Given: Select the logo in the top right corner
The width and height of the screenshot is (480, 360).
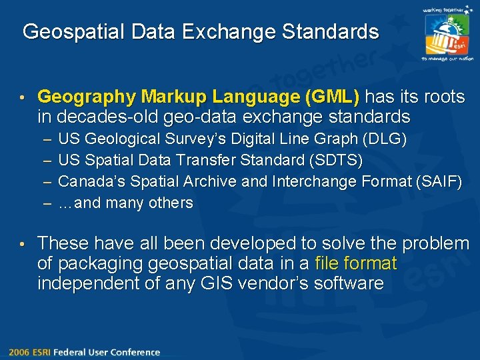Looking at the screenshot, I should point(447,33).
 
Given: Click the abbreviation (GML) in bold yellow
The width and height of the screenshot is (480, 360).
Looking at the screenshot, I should point(331,97).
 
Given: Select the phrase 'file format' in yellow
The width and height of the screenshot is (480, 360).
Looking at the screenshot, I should point(356,263).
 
